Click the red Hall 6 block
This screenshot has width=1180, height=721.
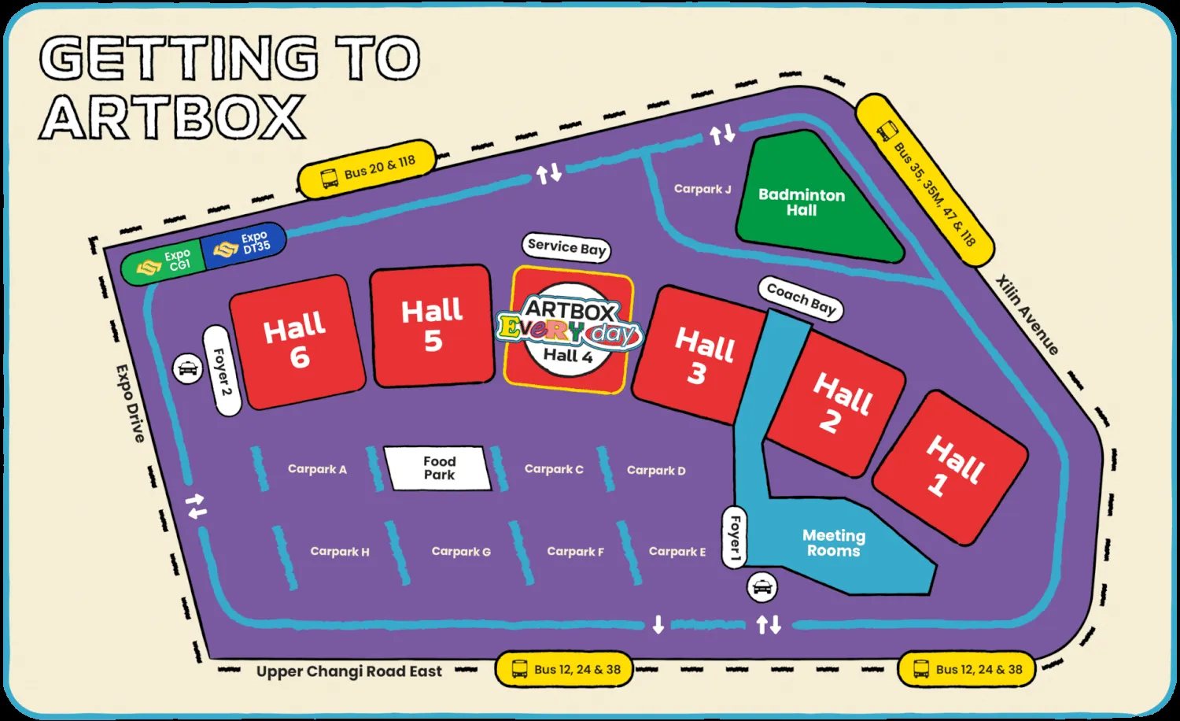[x=297, y=342]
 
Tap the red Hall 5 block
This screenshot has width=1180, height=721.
[x=432, y=325]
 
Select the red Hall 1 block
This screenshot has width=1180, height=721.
[x=951, y=467]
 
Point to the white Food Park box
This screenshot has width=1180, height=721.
[x=438, y=468]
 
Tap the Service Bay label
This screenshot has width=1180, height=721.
[x=566, y=247]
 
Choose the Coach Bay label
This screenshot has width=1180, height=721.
[x=801, y=299]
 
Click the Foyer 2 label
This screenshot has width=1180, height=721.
[x=223, y=371]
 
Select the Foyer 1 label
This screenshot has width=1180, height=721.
[x=733, y=537]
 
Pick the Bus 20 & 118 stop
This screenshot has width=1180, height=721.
[x=367, y=169]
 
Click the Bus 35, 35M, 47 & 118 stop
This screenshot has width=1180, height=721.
[x=924, y=181]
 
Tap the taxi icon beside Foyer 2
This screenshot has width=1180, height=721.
[x=188, y=368]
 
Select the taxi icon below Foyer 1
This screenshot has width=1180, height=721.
[x=761, y=586]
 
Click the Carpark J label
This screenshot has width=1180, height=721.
[x=702, y=189]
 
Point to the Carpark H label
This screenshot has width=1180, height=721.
[x=339, y=552]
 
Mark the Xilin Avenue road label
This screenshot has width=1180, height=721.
[x=1027, y=314]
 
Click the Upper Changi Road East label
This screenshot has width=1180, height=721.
[x=348, y=671]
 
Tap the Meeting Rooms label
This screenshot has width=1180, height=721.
[x=834, y=543]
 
